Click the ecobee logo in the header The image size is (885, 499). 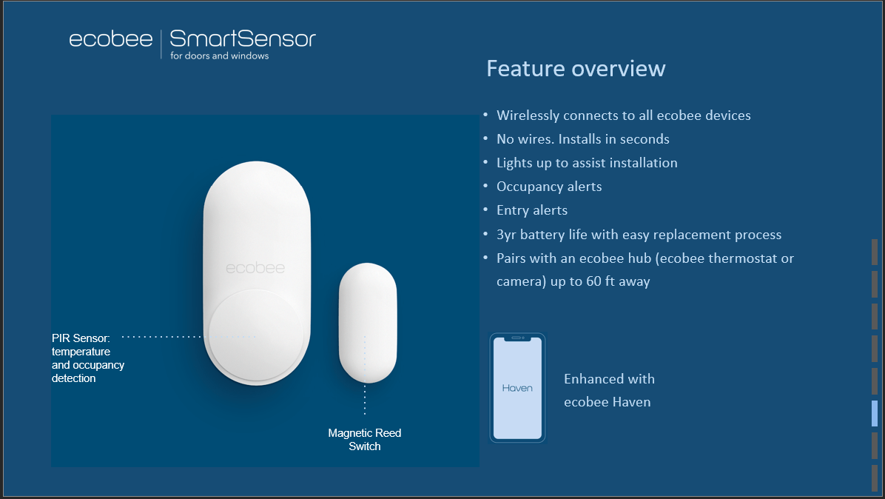coord(111,39)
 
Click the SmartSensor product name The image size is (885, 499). coord(243,38)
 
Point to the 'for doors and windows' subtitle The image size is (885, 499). coord(220,56)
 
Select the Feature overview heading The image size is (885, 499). coord(576,69)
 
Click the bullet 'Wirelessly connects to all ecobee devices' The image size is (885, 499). coord(623,115)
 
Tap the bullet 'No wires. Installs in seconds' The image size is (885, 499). coord(582,139)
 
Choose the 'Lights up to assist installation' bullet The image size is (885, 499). coord(587,163)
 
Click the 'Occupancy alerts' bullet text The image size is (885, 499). coord(548,187)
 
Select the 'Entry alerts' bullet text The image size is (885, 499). coord(532,210)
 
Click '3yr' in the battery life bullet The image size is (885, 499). coord(506,235)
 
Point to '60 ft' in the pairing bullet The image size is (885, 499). coord(600,281)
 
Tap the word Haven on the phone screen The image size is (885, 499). coord(517,389)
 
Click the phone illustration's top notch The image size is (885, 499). coord(517,338)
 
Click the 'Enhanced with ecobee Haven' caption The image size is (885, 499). coord(609,391)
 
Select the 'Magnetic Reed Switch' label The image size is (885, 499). coord(365,440)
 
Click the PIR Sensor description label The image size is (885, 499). coord(87,358)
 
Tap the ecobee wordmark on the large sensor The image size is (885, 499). coord(255,268)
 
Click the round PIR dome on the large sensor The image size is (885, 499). coord(256,335)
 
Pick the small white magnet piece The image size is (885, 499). coord(368,322)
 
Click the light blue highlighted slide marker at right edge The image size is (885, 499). coord(875,413)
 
